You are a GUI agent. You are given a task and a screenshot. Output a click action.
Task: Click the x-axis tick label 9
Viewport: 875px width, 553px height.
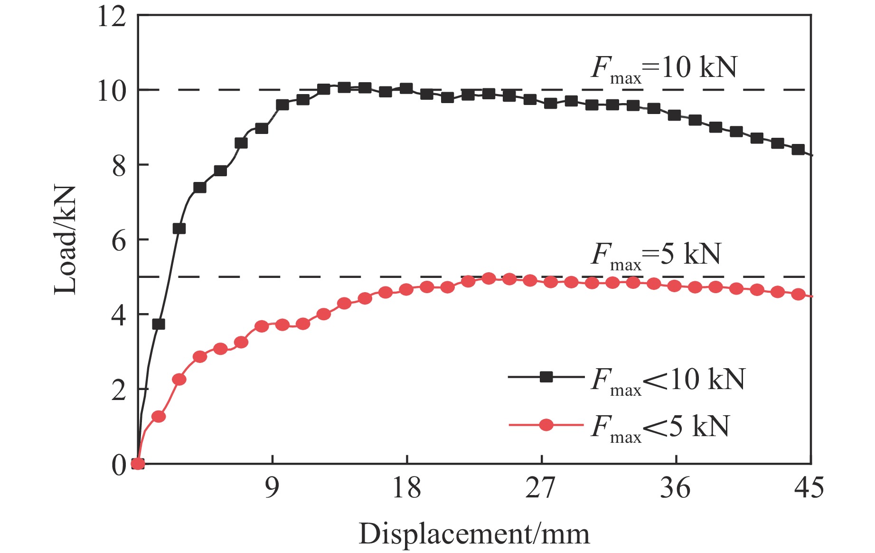(x=272, y=488)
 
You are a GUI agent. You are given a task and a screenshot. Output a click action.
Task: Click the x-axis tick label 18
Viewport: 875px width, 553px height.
(x=406, y=488)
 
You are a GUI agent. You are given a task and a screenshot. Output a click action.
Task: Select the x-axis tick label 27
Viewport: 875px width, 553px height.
(x=540, y=488)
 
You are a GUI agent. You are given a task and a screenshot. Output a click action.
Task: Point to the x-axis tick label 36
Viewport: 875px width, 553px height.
(x=675, y=488)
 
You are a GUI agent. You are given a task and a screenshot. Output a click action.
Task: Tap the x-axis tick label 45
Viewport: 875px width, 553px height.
(x=809, y=488)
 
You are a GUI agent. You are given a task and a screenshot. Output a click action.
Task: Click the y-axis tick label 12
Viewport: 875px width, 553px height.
(x=112, y=17)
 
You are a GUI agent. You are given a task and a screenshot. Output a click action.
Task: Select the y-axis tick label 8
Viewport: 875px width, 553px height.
(x=119, y=166)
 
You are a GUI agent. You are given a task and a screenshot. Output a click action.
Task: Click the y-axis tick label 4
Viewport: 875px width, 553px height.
(x=119, y=315)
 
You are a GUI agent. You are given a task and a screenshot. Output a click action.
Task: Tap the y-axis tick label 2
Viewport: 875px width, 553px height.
(x=119, y=390)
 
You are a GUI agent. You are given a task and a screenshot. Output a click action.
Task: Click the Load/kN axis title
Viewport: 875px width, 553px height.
(x=65, y=240)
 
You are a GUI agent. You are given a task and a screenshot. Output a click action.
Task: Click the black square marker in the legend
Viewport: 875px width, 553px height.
(x=546, y=377)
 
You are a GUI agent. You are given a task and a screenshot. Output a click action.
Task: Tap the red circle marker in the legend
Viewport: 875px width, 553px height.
(x=546, y=424)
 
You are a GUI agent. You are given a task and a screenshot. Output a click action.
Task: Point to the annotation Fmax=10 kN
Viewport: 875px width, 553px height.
(x=664, y=69)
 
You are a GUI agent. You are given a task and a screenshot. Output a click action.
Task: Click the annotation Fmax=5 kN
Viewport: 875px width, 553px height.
(x=656, y=256)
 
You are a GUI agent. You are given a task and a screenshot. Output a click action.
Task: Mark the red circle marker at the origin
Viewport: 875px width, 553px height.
(x=138, y=464)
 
